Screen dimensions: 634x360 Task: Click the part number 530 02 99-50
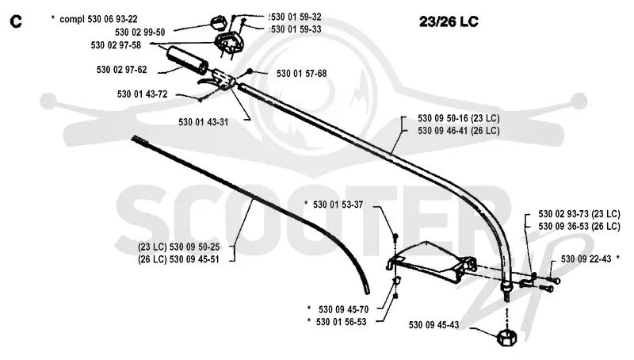coord(140,33)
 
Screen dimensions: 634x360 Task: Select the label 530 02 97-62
coord(122,70)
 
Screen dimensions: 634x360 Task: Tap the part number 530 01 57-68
coord(302,74)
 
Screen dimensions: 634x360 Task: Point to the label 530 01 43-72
coord(143,94)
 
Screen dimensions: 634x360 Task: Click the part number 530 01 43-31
coord(204,122)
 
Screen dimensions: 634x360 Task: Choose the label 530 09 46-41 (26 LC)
coord(459,131)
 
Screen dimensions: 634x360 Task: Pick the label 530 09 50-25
coord(194,247)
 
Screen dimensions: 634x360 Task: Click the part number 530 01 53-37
coord(338,205)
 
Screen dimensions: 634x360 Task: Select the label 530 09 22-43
coord(586,259)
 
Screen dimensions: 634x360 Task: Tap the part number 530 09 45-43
coord(433,325)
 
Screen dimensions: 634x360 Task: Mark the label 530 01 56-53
coord(342,322)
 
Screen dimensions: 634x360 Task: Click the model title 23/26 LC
coord(449,21)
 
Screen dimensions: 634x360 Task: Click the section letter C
coord(15,21)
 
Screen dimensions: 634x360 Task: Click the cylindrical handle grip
coord(188,61)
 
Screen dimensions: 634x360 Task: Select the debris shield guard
coord(430,262)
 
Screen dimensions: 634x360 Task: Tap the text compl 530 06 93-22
coord(98,19)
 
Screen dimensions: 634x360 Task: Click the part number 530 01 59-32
coord(296,17)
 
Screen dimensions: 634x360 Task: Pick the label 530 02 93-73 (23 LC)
coord(579,214)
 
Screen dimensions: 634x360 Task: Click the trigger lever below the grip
coord(206,82)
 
